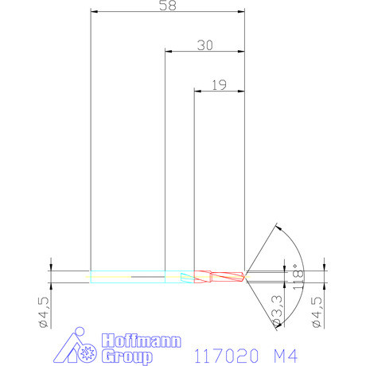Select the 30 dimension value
(204, 45)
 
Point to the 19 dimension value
(220, 84)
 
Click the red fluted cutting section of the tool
(220, 276)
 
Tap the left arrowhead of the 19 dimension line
(198, 90)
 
